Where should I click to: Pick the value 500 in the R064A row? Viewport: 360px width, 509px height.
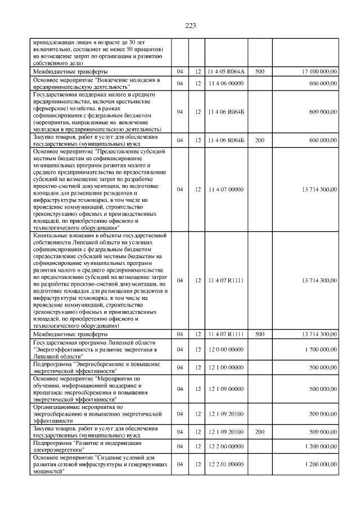tap(259, 72)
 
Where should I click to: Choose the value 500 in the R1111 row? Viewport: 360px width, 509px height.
tap(259, 334)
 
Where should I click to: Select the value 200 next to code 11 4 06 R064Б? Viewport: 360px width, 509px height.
tap(259, 139)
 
